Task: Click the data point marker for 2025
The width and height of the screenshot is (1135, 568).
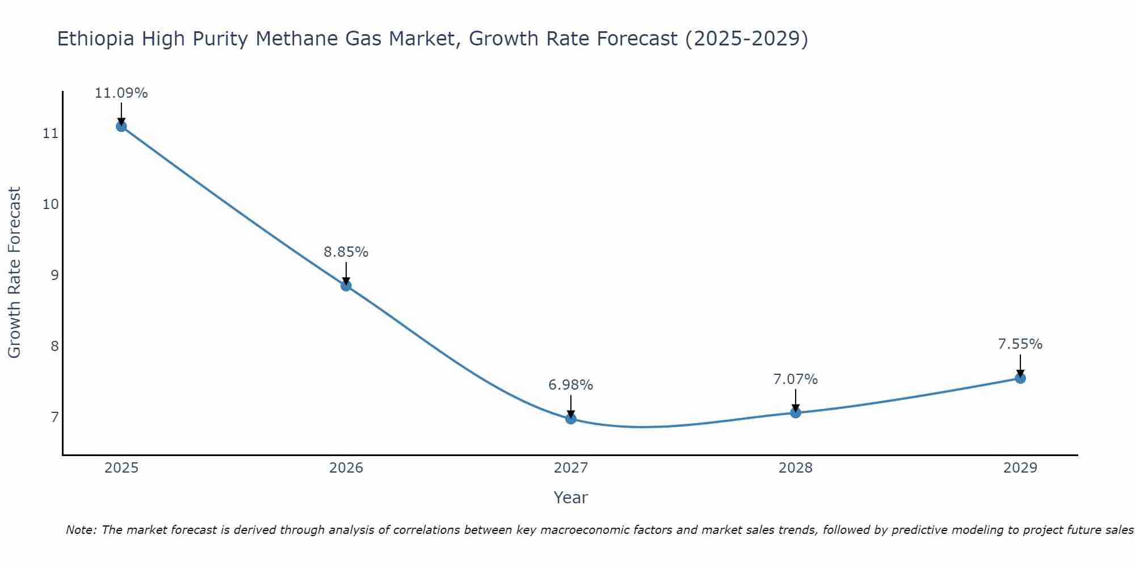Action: click(121, 126)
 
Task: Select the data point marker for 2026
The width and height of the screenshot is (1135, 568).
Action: click(346, 285)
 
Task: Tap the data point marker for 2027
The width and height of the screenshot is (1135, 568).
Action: click(571, 419)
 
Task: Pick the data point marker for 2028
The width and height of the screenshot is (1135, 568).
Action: click(796, 412)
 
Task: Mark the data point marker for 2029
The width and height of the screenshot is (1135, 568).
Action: click(1020, 378)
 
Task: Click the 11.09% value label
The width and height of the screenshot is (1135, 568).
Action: click(121, 93)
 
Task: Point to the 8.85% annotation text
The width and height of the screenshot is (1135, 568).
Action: click(346, 252)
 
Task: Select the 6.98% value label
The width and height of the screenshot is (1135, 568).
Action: click(571, 385)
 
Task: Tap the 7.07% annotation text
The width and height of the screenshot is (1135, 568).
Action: click(796, 379)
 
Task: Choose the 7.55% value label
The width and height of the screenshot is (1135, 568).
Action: click(1020, 344)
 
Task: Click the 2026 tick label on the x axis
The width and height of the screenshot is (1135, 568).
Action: click(346, 468)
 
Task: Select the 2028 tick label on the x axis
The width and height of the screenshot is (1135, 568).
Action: click(796, 468)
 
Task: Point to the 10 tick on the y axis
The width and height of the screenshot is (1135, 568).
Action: click(51, 204)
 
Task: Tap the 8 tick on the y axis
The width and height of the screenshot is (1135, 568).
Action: click(54, 346)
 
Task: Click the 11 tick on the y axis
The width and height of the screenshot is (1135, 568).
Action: click(51, 133)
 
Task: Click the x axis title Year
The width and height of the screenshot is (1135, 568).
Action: click(571, 498)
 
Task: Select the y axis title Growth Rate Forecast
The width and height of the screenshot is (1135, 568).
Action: click(14, 273)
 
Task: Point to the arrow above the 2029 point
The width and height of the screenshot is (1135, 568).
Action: click(1020, 365)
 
